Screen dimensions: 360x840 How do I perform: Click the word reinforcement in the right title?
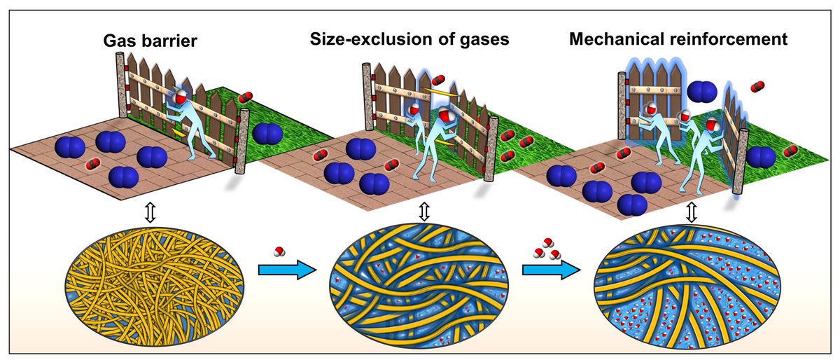point(734,39)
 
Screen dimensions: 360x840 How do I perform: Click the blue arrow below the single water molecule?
point(283,272)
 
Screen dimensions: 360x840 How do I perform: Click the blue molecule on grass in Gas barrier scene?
point(266,132)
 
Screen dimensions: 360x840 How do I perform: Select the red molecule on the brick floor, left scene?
point(92,165)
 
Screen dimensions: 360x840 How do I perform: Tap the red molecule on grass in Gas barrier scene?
point(246,97)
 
